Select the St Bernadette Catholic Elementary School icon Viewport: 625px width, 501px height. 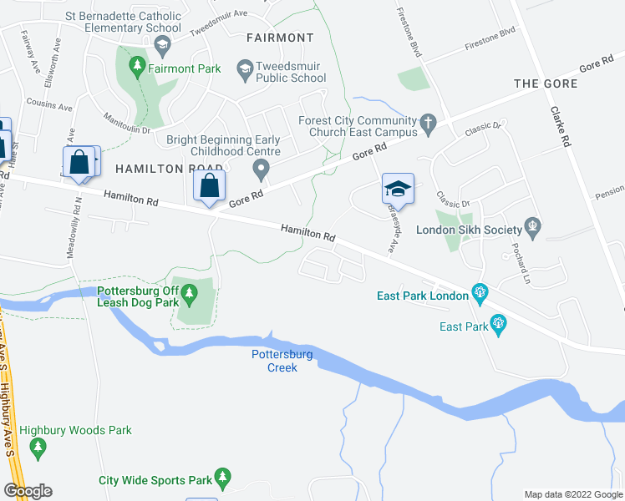162,43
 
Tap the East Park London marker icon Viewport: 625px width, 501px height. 480,291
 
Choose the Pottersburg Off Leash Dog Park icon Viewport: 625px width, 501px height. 190,292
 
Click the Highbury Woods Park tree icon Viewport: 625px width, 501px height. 38,449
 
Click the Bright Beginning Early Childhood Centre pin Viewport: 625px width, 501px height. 262,170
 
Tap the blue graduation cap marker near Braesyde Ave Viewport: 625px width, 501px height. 398,189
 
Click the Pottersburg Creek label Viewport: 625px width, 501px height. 282,361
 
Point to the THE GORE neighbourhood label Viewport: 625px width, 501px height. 546,83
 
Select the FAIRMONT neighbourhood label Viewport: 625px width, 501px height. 280,38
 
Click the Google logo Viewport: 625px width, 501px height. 28,491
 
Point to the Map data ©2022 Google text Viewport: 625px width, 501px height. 572,494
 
